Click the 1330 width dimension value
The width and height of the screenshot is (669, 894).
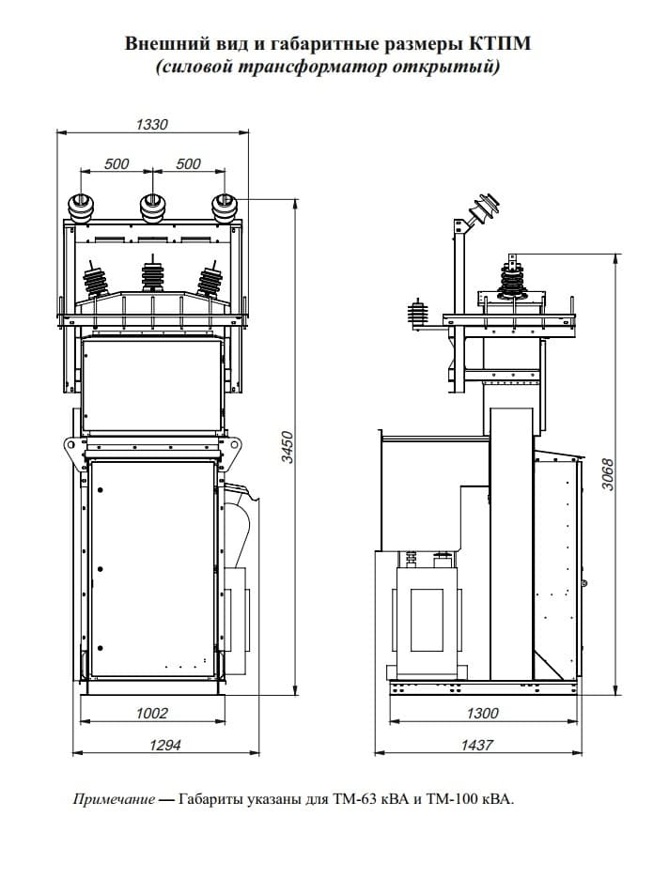(x=152, y=124)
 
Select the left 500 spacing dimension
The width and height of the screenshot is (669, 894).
(x=117, y=164)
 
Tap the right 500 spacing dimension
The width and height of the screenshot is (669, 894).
(x=188, y=164)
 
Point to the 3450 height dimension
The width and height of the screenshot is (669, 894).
(x=288, y=448)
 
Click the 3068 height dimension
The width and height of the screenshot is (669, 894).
(x=608, y=474)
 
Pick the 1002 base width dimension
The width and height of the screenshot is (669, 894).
(x=152, y=713)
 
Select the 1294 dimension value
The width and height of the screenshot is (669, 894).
(x=164, y=745)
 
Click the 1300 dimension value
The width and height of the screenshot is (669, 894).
(x=483, y=713)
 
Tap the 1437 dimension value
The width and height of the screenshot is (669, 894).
(x=476, y=745)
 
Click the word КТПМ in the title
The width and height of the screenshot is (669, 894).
(x=500, y=43)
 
